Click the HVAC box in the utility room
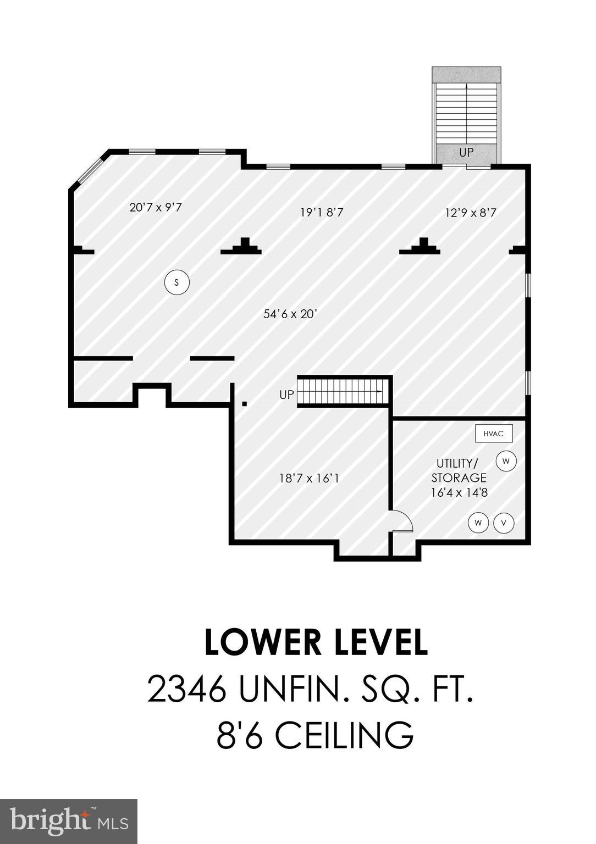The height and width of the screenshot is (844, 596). [494, 434]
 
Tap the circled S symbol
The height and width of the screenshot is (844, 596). [176, 282]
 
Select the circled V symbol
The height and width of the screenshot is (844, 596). [504, 523]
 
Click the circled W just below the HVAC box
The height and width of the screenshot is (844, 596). [506, 461]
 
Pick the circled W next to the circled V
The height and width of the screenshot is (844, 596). [478, 523]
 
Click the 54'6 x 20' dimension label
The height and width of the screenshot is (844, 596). [290, 314]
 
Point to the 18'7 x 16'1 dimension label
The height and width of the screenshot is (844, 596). [309, 479]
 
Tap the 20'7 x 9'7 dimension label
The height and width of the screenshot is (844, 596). [156, 208]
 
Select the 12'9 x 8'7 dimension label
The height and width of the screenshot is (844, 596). [470, 212]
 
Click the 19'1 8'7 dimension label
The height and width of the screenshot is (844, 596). [322, 212]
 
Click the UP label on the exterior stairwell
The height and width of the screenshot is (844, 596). [466, 152]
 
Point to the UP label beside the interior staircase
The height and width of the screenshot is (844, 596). [286, 395]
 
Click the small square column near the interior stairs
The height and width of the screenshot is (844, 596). [244, 404]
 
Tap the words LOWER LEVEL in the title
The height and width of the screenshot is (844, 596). [316, 642]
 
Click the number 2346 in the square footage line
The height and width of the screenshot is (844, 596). [187, 689]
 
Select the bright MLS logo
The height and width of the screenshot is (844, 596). [68, 821]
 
